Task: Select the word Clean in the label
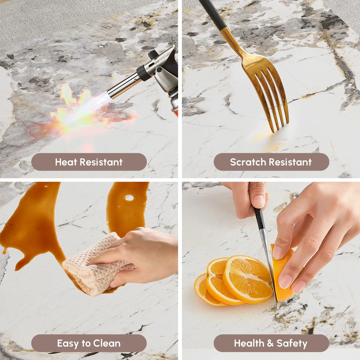tap(107, 343)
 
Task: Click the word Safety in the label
tap(292, 343)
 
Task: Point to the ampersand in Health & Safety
tap(270, 343)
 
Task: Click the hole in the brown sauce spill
tap(130, 198)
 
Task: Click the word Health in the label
tap(249, 343)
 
